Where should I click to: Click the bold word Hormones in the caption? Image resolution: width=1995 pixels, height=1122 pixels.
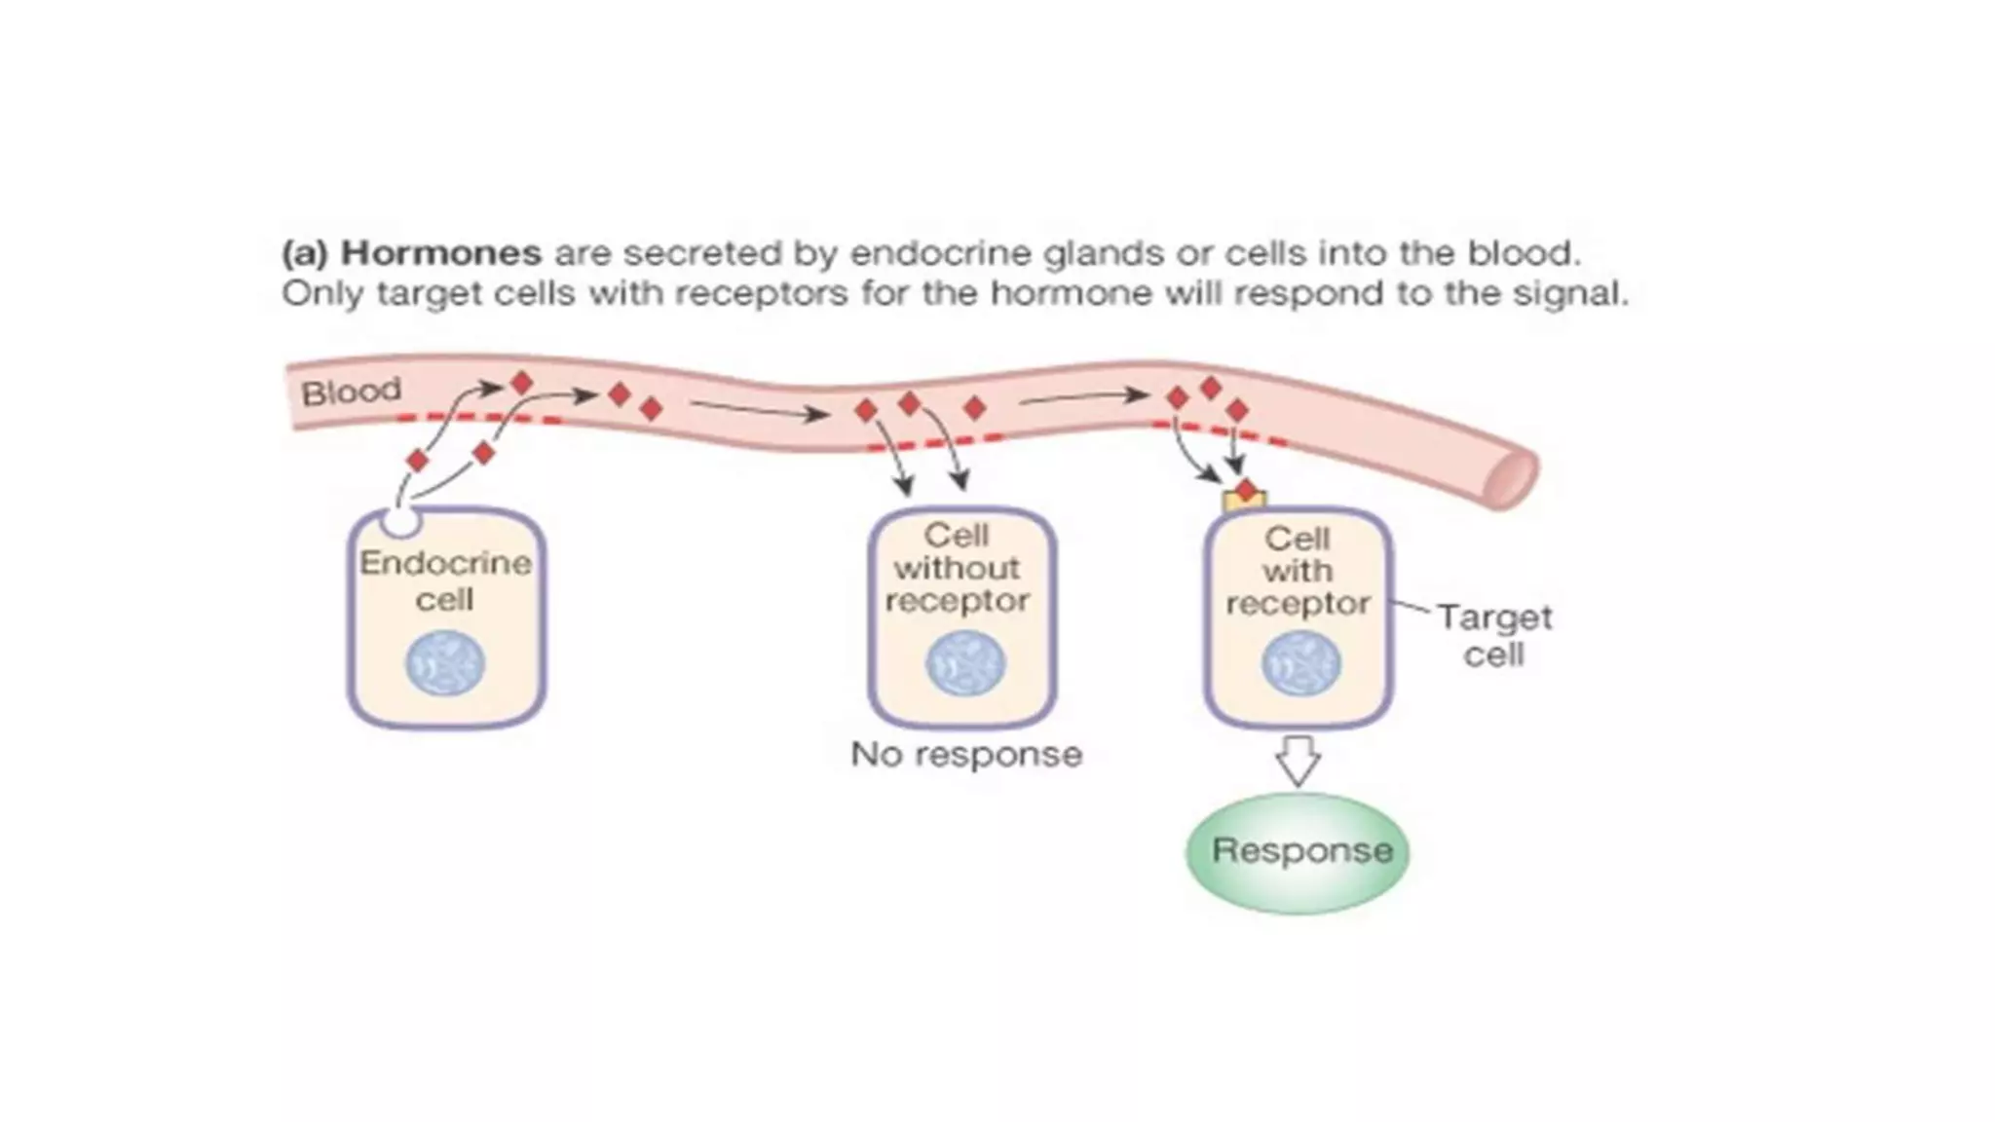440,253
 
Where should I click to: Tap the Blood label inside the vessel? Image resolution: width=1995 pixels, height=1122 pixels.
351,392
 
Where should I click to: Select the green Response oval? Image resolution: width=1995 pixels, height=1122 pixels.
1298,852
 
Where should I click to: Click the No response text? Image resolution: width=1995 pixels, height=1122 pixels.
965,755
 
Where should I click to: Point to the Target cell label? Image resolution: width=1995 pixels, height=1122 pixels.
1493,635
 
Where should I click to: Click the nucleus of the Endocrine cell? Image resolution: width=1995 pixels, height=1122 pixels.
445,663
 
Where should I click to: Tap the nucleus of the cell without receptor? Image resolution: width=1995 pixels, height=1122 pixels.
964,663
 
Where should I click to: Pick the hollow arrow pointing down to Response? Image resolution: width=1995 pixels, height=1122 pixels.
1298,761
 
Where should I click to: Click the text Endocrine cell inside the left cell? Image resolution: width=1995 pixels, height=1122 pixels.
445,580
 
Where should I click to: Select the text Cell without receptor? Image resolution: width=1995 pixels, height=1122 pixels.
957,568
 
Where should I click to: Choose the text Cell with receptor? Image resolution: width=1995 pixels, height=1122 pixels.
1298,571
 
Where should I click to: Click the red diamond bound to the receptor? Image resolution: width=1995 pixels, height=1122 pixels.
1246,489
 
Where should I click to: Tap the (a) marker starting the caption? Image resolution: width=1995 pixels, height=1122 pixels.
304,253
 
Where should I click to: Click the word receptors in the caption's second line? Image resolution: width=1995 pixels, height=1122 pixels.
776,293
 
